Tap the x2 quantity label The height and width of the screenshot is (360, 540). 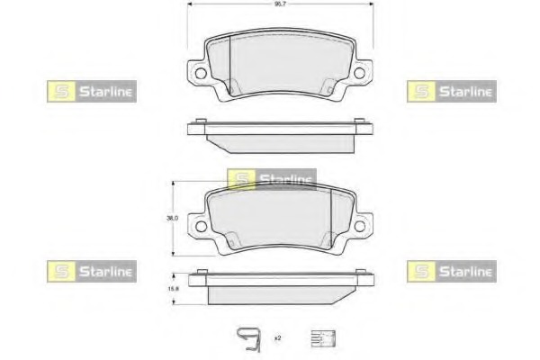[277, 337]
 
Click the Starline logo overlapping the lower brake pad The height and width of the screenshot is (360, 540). [271, 179]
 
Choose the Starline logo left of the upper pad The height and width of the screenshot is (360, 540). [91, 91]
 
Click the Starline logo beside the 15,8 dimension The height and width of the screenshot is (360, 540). [91, 270]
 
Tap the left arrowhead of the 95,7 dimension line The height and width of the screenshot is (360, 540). [190, 5]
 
